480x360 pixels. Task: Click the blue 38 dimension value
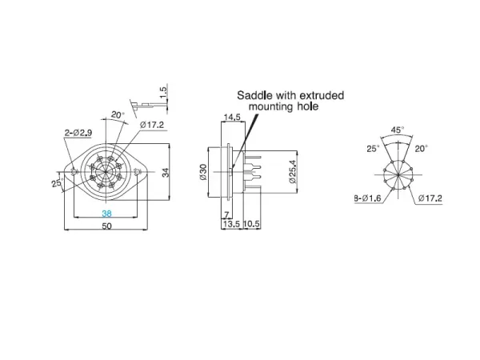tap(106, 214)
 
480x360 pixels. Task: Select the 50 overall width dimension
tap(106, 226)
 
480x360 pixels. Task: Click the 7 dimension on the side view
tap(227, 214)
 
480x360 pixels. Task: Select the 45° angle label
tap(396, 129)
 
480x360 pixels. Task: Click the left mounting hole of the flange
tap(74, 171)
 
